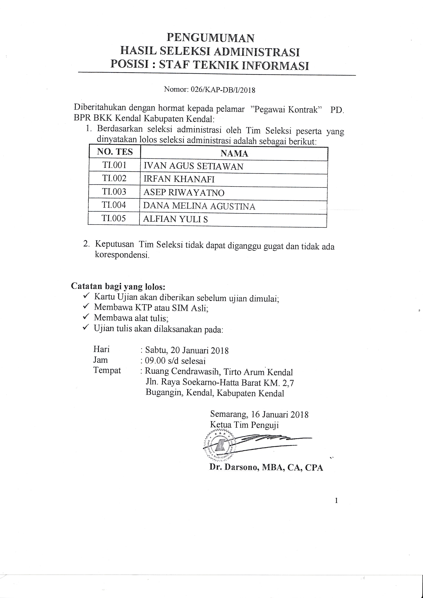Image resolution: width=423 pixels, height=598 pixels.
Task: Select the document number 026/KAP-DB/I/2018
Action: point(223,90)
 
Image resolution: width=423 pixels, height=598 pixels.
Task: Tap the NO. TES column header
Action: point(115,152)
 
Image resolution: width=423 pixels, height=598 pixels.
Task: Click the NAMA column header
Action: point(234,153)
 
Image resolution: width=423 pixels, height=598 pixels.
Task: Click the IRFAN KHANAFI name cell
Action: point(179,179)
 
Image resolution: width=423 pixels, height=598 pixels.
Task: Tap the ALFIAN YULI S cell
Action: point(176,219)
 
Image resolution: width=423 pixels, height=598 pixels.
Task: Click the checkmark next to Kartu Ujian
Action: point(86,296)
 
